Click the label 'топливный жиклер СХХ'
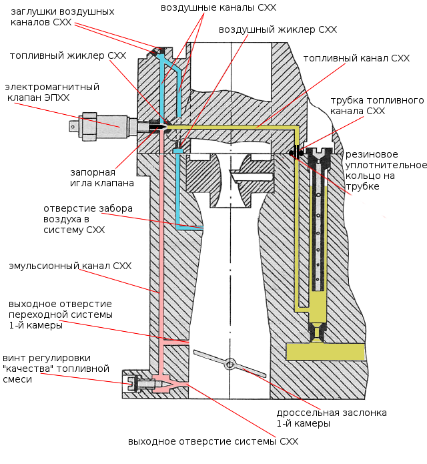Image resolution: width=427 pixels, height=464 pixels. coord(61,56)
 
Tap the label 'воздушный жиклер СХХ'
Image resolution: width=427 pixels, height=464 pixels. coord(278,30)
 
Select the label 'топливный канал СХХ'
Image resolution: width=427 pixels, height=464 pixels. coord(356,59)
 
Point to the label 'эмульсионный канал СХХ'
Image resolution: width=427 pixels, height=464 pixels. coord(70,266)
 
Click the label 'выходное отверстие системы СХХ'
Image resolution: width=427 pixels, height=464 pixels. coord(213,441)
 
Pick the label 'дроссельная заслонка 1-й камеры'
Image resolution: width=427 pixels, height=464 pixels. coord(332,418)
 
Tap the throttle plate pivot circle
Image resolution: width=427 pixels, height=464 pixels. coord(230,365)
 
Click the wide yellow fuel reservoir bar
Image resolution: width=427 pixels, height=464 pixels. coord(324,351)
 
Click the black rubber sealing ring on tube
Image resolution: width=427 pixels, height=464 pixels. coord(294,153)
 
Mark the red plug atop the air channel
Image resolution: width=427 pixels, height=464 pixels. coord(159,50)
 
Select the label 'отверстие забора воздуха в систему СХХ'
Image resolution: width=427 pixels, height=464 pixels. coord(83,219)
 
